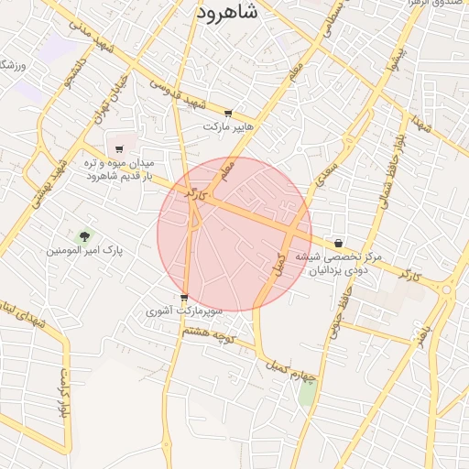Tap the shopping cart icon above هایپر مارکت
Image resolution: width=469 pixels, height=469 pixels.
(228, 113)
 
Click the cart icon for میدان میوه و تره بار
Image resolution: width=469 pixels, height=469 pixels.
(119, 149)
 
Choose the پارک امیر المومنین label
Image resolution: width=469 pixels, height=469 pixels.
(85, 250)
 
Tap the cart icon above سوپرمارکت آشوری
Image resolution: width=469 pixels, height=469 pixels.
(184, 298)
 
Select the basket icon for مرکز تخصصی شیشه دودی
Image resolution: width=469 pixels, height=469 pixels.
(340, 244)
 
